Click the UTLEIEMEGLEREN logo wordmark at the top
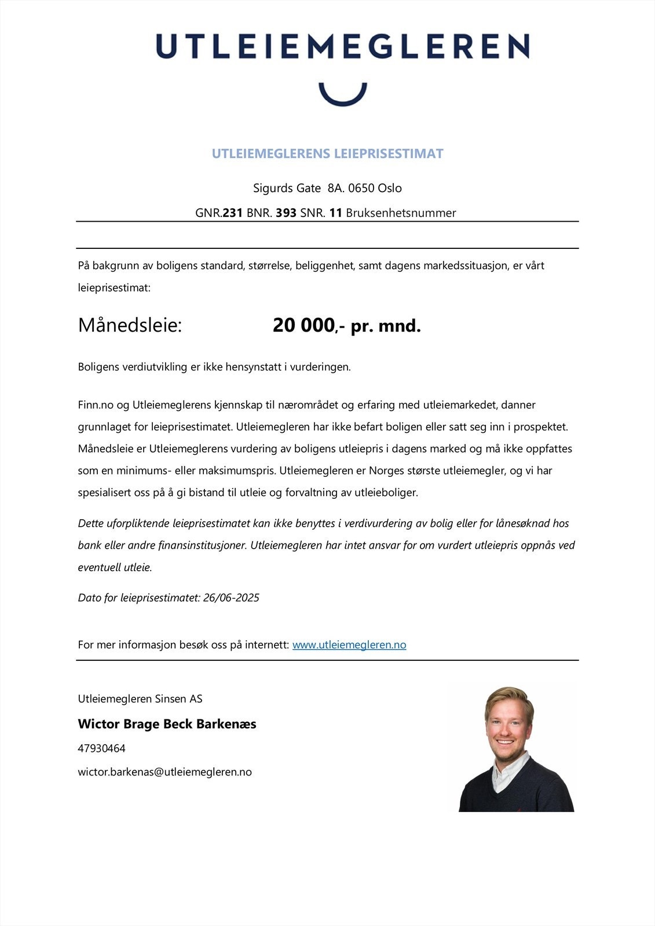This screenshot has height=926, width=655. coord(342,46)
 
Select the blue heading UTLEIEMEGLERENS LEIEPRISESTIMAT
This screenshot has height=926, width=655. coord(327,153)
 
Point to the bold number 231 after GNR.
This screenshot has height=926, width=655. coord(232,213)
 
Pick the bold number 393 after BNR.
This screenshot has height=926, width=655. coord(286,213)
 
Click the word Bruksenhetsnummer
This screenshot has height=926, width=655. coord(401,213)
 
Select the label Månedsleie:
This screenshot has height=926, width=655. coord(130,325)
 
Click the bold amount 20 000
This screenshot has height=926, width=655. coord(303,325)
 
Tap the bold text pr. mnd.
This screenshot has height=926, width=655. coord(386,326)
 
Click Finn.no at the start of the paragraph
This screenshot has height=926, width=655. coord(96,405)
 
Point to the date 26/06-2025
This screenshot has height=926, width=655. coord(231,598)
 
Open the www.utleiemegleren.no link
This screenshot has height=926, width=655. coord(349,645)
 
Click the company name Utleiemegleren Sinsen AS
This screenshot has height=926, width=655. coord(140,699)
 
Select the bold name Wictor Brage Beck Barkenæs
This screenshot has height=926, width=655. coord(167,723)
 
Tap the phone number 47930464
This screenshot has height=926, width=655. coord(101,748)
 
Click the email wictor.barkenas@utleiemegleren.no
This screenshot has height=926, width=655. coord(164,772)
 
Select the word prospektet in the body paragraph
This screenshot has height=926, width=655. coord(539,427)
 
